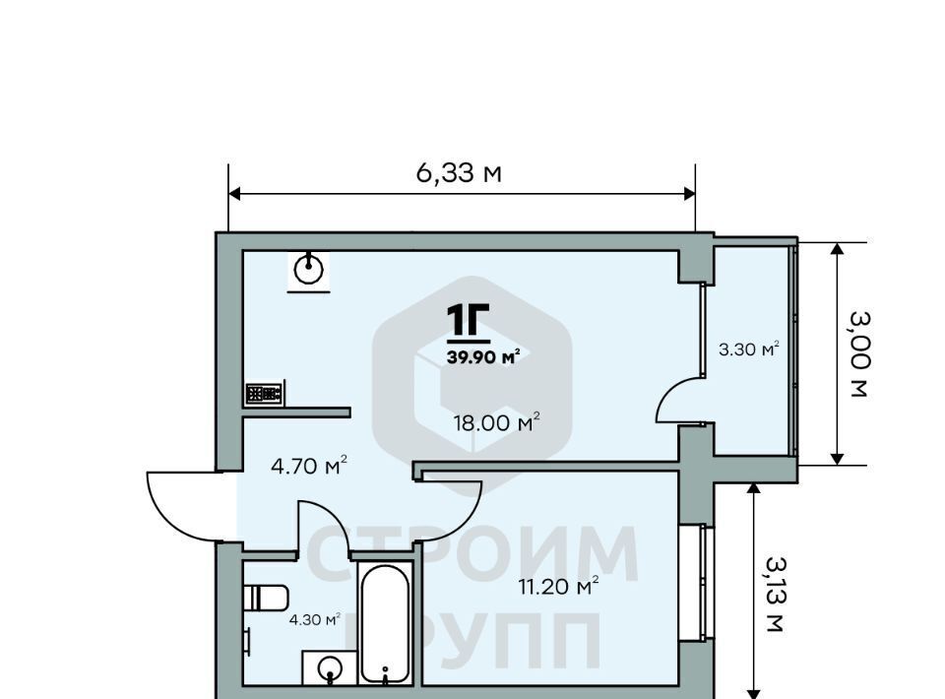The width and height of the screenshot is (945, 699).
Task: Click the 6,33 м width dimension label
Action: (x=459, y=173)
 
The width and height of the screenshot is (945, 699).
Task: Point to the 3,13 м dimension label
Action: (x=776, y=594)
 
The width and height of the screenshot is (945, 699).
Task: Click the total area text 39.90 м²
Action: (x=483, y=356)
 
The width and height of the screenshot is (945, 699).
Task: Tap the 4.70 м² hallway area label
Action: (x=308, y=466)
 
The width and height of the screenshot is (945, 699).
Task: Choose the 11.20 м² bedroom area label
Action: (x=558, y=585)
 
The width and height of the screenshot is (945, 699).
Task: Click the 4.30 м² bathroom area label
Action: (x=315, y=619)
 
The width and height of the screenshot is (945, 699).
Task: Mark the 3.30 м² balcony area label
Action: (x=748, y=349)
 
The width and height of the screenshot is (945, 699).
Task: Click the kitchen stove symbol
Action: (x=264, y=394)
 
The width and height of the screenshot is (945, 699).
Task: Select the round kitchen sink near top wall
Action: (x=308, y=270)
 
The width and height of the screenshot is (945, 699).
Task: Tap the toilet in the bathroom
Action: (x=267, y=598)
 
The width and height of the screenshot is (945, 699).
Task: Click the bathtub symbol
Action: (x=385, y=623)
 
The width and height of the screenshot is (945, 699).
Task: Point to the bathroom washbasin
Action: (x=329, y=667)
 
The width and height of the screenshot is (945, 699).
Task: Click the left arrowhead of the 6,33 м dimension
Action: (x=235, y=193)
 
